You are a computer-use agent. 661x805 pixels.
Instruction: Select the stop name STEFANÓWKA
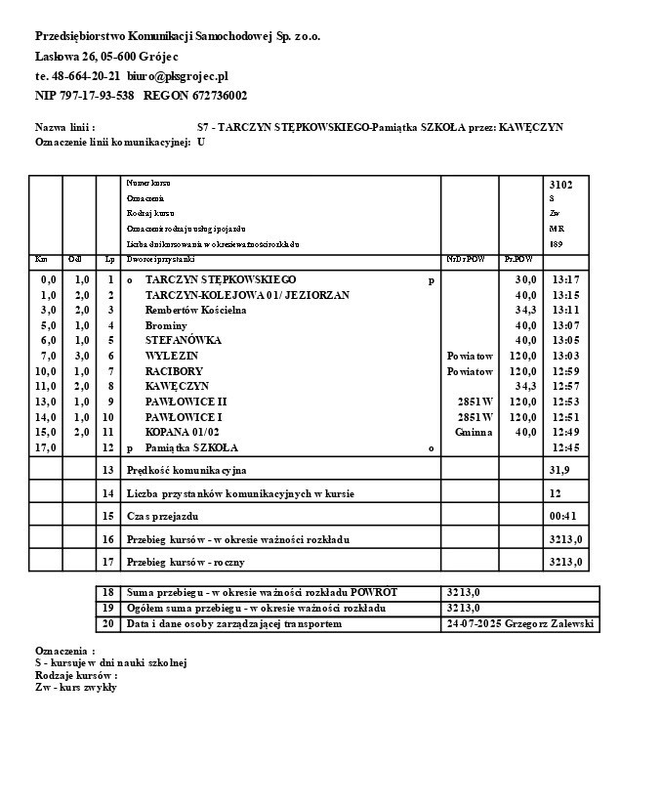tap(184, 340)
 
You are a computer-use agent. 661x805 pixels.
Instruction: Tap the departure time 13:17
tap(565, 279)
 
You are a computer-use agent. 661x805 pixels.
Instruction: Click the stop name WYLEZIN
tap(171, 356)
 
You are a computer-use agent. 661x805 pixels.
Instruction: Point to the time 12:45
tap(565, 447)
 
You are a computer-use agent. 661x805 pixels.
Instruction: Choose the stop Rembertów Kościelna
tap(195, 310)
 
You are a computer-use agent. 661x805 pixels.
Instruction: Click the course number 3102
tap(561, 184)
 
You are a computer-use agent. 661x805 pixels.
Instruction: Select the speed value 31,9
tap(559, 470)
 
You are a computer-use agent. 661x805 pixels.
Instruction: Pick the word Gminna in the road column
tap(474, 432)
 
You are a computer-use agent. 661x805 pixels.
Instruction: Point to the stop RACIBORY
tap(174, 371)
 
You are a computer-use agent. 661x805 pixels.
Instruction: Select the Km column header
tap(41, 259)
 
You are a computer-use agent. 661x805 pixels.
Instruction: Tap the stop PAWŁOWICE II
tap(186, 402)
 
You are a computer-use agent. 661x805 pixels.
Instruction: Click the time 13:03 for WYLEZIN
tap(565, 356)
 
